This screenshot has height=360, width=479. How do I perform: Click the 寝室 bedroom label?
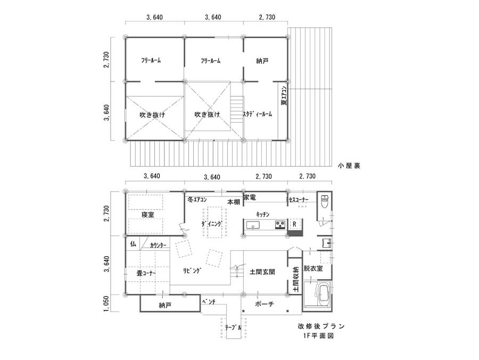coord(148,215)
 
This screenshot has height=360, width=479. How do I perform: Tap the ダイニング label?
coord(211,224)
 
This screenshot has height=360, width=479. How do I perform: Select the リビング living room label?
coord(192,271)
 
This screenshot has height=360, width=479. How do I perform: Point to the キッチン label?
coord(263,214)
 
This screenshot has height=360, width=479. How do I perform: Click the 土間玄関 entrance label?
coord(262,272)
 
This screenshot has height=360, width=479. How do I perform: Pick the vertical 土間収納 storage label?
coord(296,280)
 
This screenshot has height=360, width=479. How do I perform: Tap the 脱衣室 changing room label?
coord(313,268)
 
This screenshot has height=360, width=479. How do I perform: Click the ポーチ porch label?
coord(265,304)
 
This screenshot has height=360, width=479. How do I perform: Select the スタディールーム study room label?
coord(258,114)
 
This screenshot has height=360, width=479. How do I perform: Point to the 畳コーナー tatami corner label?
coord(146,273)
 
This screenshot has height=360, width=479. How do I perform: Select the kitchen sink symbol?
coord(253,225)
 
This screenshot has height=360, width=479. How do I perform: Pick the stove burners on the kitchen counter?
coord(280,225)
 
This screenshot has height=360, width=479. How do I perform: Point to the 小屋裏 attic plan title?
coord(349,166)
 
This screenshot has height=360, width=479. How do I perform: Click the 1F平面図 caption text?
coord(319,336)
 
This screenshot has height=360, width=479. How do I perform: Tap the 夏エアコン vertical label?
coord(284,95)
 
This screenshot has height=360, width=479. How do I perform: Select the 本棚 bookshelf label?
coord(234,202)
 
